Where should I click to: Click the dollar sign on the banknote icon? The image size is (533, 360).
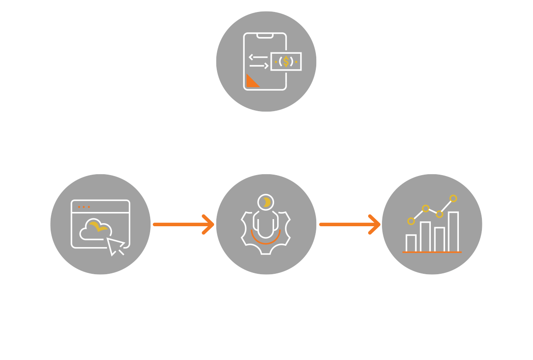click(286, 62)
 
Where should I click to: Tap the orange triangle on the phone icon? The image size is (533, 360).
click(252, 81)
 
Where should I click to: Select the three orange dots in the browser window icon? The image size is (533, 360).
click(84, 207)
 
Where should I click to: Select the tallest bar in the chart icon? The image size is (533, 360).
click(453, 232)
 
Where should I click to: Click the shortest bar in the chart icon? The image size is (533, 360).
click(411, 243)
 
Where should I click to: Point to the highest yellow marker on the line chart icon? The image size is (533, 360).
click(453, 198)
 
